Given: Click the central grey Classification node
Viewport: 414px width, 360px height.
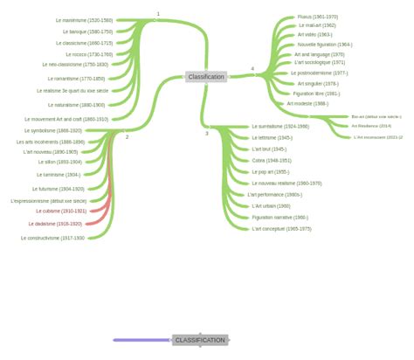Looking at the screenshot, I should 206,77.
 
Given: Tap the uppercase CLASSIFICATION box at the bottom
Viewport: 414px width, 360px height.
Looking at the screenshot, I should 200,340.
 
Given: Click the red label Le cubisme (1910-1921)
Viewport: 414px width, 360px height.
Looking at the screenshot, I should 61,211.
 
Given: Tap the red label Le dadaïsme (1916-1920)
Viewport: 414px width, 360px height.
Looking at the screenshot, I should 55,224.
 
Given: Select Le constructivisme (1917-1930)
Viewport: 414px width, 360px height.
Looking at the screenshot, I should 52,238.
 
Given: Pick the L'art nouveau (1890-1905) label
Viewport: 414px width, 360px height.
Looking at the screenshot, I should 51,152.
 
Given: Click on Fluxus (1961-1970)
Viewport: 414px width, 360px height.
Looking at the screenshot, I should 317,17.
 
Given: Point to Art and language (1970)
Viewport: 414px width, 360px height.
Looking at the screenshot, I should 319,54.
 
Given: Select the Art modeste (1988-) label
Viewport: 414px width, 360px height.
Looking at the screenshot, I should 307,104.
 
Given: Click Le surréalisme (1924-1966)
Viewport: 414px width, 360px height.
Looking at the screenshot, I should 280,127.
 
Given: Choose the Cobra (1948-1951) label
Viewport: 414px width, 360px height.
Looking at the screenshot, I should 272,161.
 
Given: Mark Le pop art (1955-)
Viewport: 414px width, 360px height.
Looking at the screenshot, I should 270,172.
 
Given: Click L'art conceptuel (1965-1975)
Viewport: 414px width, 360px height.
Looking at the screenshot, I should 281,229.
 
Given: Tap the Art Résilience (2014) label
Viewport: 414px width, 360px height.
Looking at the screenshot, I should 371,126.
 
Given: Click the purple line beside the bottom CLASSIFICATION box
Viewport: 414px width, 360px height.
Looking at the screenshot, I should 141,340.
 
